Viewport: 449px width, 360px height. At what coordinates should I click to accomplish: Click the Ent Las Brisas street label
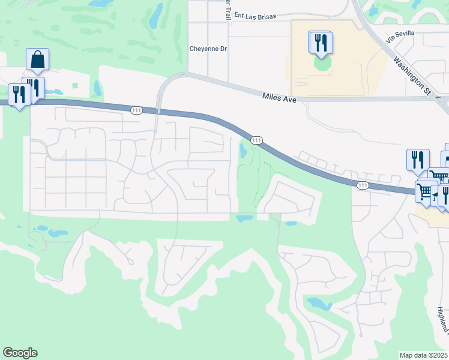[255, 16]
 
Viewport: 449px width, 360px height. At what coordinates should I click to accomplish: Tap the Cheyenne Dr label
[208, 49]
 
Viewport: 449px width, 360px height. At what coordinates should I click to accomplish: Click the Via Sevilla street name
[400, 36]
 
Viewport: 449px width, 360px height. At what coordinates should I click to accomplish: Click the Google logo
[20, 353]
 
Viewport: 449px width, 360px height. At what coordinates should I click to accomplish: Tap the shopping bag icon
[37, 59]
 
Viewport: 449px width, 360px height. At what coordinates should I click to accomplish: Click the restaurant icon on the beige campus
[321, 42]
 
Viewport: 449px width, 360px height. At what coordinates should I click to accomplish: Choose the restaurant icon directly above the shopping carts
[418, 160]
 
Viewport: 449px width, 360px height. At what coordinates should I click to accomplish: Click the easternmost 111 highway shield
[362, 185]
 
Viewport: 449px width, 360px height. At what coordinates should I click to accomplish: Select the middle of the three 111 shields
[256, 140]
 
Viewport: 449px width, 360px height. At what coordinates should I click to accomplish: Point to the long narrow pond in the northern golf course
[155, 16]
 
